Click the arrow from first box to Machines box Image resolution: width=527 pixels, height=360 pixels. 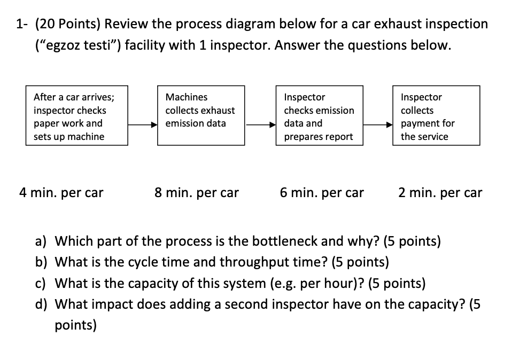[x=142, y=124]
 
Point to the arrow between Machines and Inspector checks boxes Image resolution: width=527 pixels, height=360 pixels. [x=260, y=124]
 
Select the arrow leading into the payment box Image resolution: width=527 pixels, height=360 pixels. [x=378, y=124]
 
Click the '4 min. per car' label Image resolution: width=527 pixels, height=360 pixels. [x=61, y=193]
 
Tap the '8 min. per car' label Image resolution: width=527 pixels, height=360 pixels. [x=197, y=193]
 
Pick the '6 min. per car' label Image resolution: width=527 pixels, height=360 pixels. [x=322, y=193]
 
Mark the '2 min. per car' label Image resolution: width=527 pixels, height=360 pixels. [x=440, y=193]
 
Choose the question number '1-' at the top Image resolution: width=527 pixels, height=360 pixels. [x=22, y=24]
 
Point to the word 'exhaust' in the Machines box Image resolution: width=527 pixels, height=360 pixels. [x=218, y=111]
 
